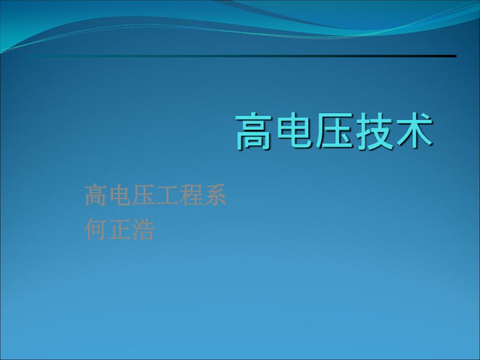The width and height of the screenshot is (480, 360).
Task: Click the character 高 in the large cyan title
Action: tap(254, 131)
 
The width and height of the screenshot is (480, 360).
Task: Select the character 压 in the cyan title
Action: tap(334, 131)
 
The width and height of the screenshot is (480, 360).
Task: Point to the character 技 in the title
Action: tap(374, 131)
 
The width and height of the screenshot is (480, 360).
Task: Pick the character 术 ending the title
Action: tap(414, 131)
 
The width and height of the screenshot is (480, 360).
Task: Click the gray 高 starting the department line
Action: tap(96, 195)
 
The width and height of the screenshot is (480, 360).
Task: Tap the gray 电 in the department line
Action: tap(119, 195)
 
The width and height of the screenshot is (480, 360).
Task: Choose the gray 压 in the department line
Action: tap(143, 195)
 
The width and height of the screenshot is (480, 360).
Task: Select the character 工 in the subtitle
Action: tap(167, 195)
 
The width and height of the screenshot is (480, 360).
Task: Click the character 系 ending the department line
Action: tap(215, 195)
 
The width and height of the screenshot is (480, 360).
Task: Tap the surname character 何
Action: tap(96, 229)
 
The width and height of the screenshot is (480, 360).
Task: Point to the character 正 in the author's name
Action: tap(119, 229)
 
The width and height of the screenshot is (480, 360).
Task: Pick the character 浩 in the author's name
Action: tap(143, 229)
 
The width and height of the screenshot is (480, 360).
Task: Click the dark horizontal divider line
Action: tap(241, 56)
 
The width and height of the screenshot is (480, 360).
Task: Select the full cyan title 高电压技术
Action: tap(334, 131)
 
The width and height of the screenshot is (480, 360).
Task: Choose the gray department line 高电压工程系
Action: tap(155, 195)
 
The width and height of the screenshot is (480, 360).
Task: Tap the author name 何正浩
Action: tap(119, 229)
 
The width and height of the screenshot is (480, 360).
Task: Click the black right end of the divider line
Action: tap(456, 56)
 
